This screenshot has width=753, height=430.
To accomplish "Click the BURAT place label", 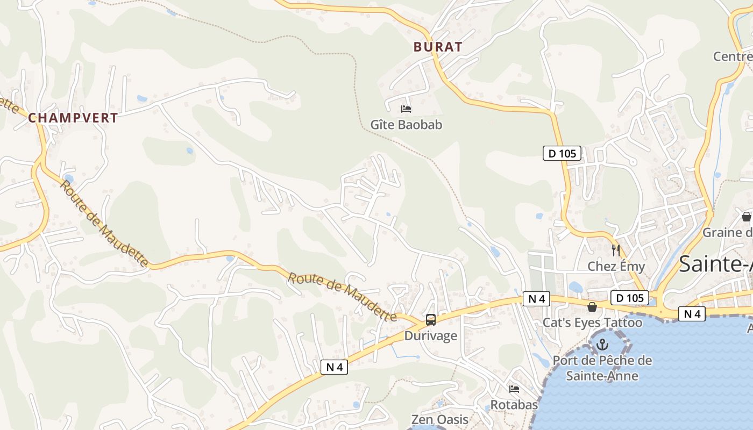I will pyautogui.click(x=438, y=47).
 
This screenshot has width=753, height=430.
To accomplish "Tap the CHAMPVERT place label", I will pyautogui.click(x=73, y=118).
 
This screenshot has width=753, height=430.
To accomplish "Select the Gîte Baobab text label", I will pyautogui.click(x=406, y=125).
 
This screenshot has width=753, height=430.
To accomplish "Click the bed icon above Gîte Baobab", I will pyautogui.click(x=406, y=109).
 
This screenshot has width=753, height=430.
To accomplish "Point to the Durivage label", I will pyautogui.click(x=430, y=336).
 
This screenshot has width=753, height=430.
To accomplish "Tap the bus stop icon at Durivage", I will pyautogui.click(x=430, y=320).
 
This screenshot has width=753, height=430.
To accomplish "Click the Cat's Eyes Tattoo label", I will pyautogui.click(x=592, y=322).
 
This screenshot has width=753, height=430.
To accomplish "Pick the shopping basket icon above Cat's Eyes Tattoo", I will pyautogui.click(x=592, y=307).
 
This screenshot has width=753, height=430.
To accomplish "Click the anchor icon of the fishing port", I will pyautogui.click(x=602, y=345).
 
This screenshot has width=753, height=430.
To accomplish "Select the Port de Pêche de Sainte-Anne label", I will pyautogui.click(x=602, y=368).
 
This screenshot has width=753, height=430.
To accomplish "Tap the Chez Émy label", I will pyautogui.click(x=616, y=266).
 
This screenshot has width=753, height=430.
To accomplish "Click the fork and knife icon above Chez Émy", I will pyautogui.click(x=616, y=250).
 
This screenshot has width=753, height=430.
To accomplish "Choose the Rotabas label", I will pyautogui.click(x=514, y=405).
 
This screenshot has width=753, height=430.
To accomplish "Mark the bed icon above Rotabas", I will pyautogui.click(x=514, y=389).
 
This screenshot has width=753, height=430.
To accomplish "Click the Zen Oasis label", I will pyautogui.click(x=439, y=419).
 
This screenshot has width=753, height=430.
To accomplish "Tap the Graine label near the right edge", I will pyautogui.click(x=727, y=233).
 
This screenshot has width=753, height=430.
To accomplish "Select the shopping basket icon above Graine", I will pyautogui.click(x=747, y=217).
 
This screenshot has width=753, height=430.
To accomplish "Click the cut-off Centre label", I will pyautogui.click(x=733, y=56).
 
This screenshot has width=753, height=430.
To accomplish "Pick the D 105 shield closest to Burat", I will pyautogui.click(x=562, y=154).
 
